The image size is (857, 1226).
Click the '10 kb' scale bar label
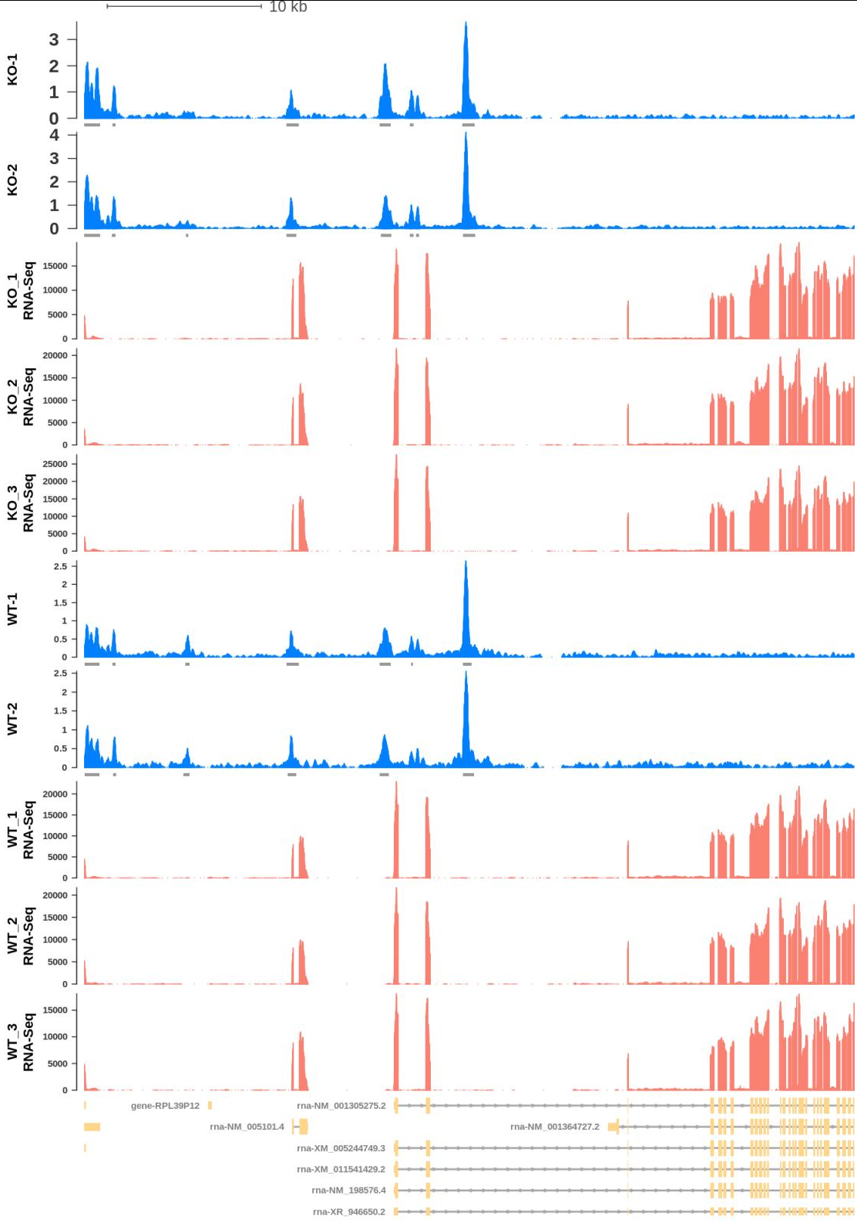(x=287, y=7)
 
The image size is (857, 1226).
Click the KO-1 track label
(x=12, y=70)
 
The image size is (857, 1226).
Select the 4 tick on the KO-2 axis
(x=54, y=135)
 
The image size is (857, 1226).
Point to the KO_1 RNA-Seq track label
(x=21, y=291)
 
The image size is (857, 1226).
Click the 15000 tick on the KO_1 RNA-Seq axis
(x=55, y=266)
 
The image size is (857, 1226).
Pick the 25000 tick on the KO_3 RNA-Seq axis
(x=55, y=464)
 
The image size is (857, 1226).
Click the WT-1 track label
(x=12, y=609)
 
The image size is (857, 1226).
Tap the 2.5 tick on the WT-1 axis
(x=60, y=566)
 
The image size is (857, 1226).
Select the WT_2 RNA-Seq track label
(x=21, y=936)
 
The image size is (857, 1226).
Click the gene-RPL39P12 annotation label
(x=165, y=1106)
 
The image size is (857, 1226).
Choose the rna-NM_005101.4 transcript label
(x=247, y=1127)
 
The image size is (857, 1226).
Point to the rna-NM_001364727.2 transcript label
(x=554, y=1127)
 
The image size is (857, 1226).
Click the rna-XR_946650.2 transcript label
(x=348, y=1211)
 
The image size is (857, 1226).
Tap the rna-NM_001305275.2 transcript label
(x=341, y=1106)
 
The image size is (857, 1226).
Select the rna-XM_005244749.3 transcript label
(x=341, y=1148)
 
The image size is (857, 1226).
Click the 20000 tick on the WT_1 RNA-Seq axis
(x=55, y=794)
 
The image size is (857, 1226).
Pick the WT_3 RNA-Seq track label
(x=21, y=1042)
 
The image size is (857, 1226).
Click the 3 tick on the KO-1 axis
(x=54, y=39)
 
